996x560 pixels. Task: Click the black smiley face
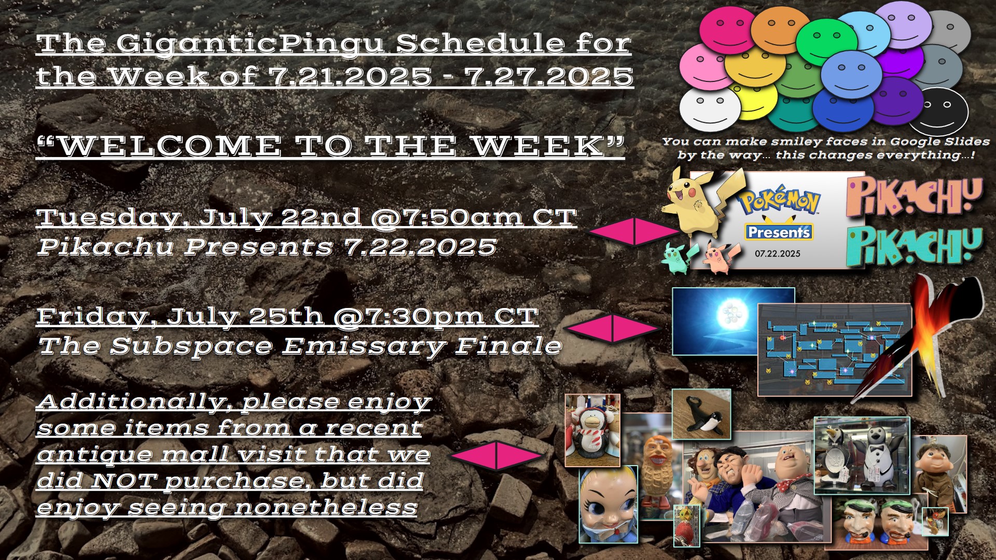[x=938, y=110]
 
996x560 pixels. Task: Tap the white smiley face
[x=710, y=110]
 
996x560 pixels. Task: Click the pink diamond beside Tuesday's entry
[x=633, y=231]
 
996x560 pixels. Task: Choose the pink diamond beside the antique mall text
[x=496, y=455]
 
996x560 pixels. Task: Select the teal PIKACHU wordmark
[x=914, y=247]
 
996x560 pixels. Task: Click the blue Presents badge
[x=779, y=232]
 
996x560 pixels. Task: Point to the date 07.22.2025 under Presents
[x=777, y=254]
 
